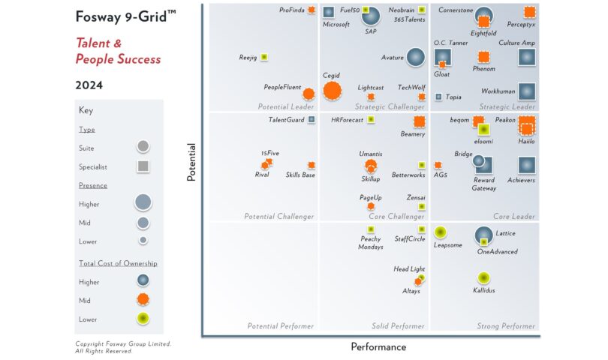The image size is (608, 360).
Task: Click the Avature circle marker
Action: [x=415, y=57]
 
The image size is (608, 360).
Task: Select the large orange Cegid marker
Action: [x=331, y=91]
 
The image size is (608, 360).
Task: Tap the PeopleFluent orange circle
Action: [x=308, y=94]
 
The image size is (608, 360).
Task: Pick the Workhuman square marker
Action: [x=526, y=91]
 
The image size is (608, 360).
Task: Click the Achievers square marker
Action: [x=526, y=166]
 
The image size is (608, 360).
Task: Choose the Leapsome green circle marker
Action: [x=440, y=232]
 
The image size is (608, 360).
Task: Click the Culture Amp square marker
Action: [x=527, y=57]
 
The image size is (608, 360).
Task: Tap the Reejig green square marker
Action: [x=263, y=57]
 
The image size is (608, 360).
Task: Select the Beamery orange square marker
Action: [x=419, y=121]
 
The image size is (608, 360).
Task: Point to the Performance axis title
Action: [x=378, y=347]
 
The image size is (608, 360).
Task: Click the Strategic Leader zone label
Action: [x=507, y=106]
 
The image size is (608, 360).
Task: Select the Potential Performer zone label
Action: [x=281, y=326]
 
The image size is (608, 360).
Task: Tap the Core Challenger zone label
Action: [x=396, y=217]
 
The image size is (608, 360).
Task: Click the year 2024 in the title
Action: [x=89, y=85]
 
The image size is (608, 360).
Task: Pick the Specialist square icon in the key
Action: [x=143, y=166]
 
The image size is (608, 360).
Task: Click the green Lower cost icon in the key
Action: [x=143, y=319]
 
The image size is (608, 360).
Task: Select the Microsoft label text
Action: [x=336, y=24]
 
